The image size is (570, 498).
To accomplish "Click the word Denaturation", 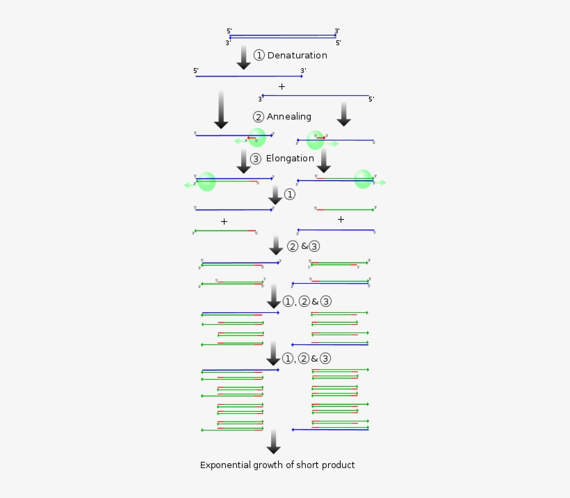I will coord(297,56).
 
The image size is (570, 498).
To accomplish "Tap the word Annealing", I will coord(288,117).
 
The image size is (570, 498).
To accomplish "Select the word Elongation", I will coord(290,159).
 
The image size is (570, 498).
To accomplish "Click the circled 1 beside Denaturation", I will coord(259,56).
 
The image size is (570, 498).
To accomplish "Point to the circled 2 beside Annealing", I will coord(259,117).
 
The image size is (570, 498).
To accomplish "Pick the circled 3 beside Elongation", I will coord(256,159).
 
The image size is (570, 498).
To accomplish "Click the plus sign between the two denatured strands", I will coord(282,86).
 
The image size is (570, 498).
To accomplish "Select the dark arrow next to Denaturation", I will coord(243,57).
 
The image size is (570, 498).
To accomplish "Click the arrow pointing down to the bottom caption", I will coord(274,442).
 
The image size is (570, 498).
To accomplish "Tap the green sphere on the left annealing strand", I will coord(257,138).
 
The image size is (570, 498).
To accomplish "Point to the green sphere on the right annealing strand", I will coord(316,140).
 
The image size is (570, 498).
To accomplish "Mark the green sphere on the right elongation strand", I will coord(363,179).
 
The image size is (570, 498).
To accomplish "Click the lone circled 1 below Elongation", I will coord(290,195).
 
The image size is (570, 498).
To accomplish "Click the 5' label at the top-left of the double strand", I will coord(229,31).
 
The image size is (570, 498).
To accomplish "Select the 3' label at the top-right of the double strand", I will coord(337,31).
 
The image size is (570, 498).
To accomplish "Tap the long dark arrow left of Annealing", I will coord(221,109).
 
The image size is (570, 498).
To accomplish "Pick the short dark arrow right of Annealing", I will coord(343,113).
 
